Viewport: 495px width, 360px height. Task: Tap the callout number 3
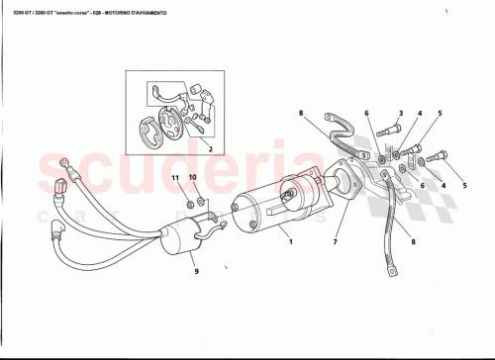coord(401,115)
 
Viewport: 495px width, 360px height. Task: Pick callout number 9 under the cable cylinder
coord(196,271)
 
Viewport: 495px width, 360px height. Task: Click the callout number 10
coord(194,178)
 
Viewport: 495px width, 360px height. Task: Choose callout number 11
coord(175,178)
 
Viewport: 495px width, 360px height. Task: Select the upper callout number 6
coord(365,115)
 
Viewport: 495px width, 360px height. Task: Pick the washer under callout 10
coord(202,204)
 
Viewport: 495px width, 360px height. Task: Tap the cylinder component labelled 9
coord(180,239)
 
